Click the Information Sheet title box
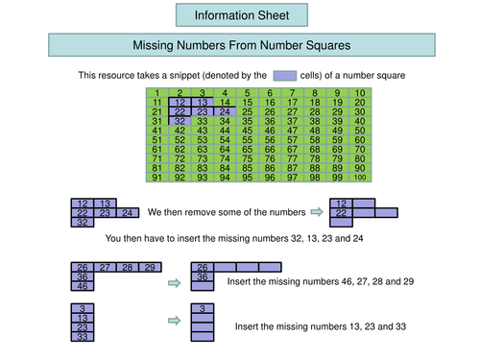[241, 15]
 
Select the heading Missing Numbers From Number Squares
[241, 45]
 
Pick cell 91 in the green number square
[157, 178]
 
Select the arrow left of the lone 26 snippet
[174, 283]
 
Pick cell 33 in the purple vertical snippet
[83, 336]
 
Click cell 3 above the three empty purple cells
[202, 308]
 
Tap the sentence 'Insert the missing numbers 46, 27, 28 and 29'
[320, 283]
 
